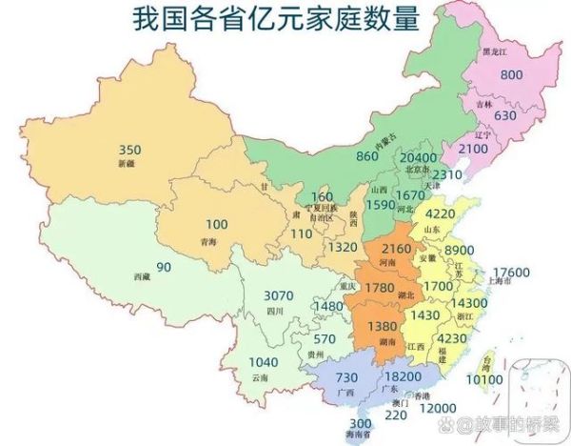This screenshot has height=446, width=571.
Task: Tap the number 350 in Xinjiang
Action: pyautogui.click(x=130, y=151)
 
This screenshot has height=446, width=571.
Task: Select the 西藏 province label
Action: pyautogui.click(x=142, y=275)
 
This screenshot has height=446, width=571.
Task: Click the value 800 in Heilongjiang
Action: pyautogui.click(x=513, y=75)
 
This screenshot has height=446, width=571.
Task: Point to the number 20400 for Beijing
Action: pyautogui.click(x=419, y=157)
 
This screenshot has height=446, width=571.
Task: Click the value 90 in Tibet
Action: pyautogui.click(x=164, y=267)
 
